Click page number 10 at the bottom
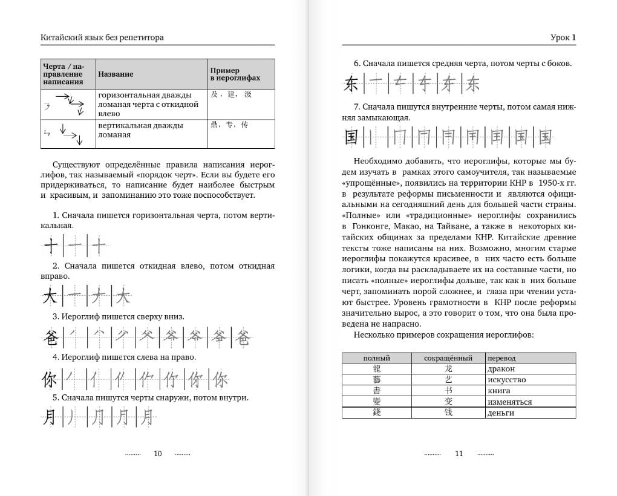[158, 454]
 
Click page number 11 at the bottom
[459, 454]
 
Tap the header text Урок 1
[563, 38]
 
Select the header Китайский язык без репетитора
[102, 38]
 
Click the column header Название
[116, 74]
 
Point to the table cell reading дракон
[500, 369]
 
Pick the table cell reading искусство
[506, 380]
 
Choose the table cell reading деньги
[500, 413]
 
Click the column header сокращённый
[448, 358]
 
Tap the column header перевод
[501, 358]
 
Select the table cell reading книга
[498, 391]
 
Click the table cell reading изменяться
[509, 402]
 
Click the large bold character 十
[51, 246]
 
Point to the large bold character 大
[51, 296]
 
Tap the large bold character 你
[50, 380]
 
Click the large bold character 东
[351, 83]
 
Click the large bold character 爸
[50, 338]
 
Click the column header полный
[376, 358]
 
